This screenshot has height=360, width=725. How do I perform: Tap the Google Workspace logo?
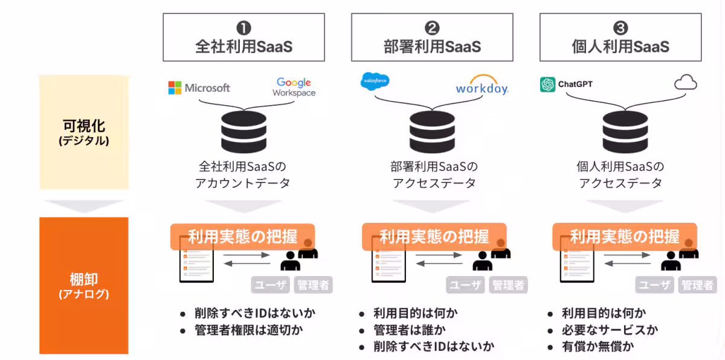pos(294,87)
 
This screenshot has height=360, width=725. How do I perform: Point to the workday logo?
pos(482,86)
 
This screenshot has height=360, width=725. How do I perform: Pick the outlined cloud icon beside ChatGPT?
pos(685,83)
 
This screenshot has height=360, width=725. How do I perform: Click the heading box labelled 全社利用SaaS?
pos(243,37)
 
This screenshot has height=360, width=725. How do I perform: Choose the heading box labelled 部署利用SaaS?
pos(432,37)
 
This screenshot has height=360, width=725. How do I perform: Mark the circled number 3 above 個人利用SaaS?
pos(620,28)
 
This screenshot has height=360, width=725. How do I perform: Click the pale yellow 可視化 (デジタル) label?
pos(84,132)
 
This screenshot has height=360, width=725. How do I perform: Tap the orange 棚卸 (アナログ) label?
pos(84,286)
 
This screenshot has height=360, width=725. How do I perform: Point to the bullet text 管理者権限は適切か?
pos(248,330)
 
